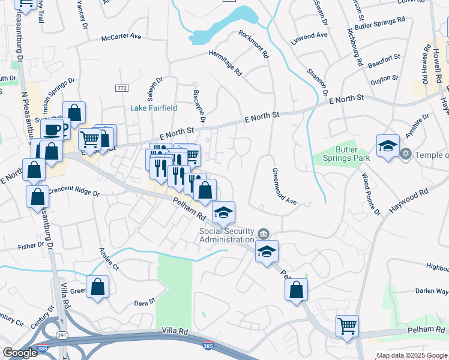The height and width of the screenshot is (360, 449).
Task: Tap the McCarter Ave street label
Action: pos(121,37)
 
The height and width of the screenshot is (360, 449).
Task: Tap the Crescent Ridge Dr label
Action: pos(73,191)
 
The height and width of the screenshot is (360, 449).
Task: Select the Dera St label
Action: pos(144,302)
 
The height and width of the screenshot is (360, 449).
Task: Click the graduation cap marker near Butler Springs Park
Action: pos(388,146)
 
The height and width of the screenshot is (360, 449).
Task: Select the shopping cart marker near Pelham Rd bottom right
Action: pos(347,326)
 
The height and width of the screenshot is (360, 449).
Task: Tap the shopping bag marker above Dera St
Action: pos(97,287)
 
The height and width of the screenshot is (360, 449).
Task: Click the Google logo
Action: pos(20,353)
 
